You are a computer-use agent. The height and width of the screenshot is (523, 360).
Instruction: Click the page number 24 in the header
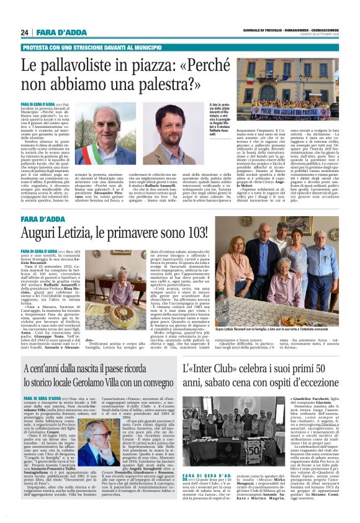coord(25,32)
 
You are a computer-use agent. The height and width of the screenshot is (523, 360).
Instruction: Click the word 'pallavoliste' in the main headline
coord(73,65)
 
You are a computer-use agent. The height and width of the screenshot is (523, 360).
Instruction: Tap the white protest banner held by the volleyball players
coord(289,111)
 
